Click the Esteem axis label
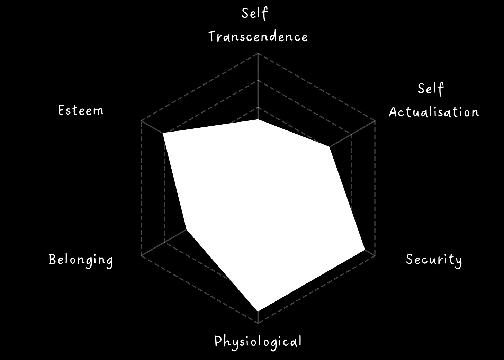81,111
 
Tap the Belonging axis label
81,260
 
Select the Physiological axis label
258,342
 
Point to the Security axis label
434,260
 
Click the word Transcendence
258,37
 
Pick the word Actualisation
434,112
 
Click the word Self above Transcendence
255,13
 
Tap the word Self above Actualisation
431,89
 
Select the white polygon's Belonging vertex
187,229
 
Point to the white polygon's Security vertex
364,250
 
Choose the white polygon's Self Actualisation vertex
330,147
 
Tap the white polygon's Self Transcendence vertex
258,120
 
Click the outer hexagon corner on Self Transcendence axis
258,54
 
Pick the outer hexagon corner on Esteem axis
141,121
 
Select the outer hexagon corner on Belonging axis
141,256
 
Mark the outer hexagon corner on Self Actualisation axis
375,121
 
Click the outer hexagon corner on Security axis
375,256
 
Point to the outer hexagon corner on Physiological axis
258,323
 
